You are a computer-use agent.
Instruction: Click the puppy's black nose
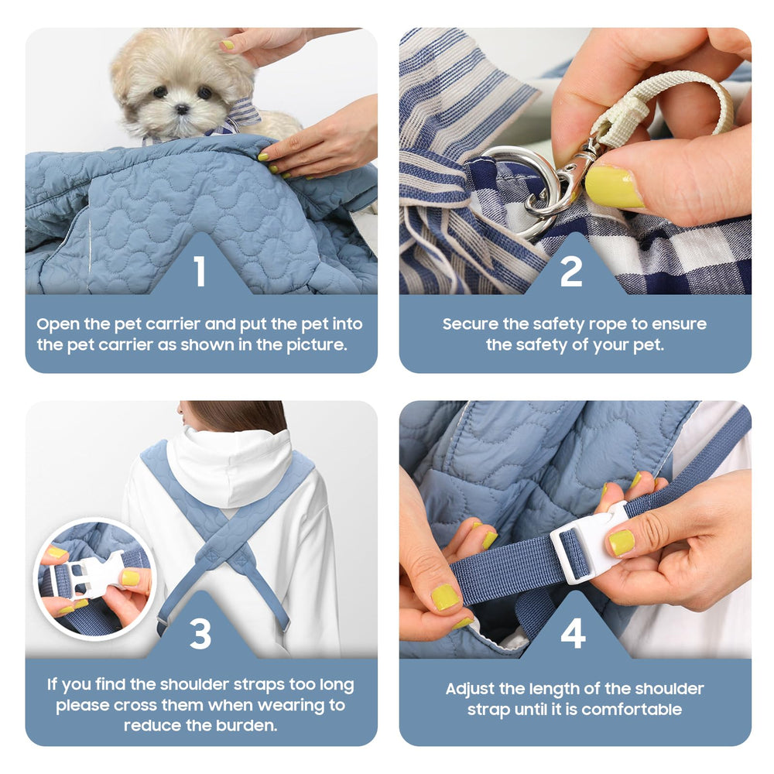point(182,108)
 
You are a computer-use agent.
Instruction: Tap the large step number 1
point(200,271)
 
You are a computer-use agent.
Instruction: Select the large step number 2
point(571,271)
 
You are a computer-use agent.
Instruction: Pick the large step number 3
point(200,633)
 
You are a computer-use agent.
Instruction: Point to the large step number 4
point(573,633)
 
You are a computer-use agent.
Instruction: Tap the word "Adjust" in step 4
point(470,690)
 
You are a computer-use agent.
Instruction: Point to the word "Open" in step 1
point(58,325)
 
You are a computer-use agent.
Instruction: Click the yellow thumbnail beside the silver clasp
point(612,187)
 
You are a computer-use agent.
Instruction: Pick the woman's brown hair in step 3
point(236,416)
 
